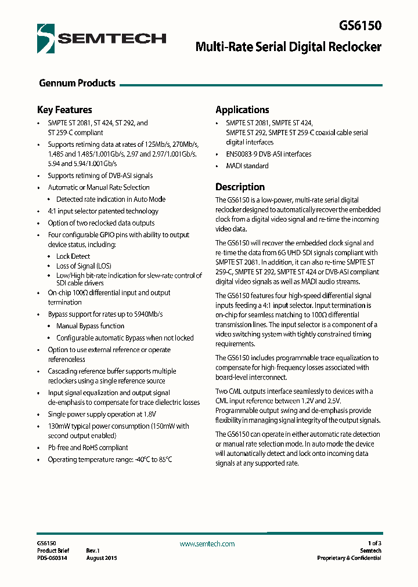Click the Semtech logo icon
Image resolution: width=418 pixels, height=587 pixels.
click(x=46, y=39)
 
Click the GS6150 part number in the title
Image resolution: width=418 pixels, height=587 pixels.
click(x=361, y=26)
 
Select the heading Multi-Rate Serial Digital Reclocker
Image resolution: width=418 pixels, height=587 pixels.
click(x=288, y=46)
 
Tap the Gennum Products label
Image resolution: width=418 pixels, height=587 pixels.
click(x=77, y=83)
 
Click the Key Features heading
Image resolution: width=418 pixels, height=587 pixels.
click(x=64, y=110)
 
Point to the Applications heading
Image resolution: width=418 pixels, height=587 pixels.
click(x=242, y=110)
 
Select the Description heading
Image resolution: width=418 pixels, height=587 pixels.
click(x=240, y=187)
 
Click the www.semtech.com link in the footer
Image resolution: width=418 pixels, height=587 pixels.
click(x=207, y=543)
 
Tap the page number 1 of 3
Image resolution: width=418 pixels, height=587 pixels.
click(x=370, y=543)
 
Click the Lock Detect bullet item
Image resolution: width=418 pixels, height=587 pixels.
click(x=73, y=256)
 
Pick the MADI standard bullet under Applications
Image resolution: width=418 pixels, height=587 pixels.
click(x=247, y=166)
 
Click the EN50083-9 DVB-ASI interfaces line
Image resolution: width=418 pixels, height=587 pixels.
click(x=268, y=154)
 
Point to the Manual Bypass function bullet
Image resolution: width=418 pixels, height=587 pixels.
click(x=90, y=326)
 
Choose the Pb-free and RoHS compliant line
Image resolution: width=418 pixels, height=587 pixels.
click(x=88, y=447)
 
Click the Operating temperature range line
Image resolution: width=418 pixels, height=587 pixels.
click(x=110, y=459)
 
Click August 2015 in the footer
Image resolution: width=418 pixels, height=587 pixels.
click(x=102, y=558)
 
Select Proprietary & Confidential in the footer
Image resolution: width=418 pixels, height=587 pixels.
click(x=349, y=558)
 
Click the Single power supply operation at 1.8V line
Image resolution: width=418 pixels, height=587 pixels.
click(x=102, y=414)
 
